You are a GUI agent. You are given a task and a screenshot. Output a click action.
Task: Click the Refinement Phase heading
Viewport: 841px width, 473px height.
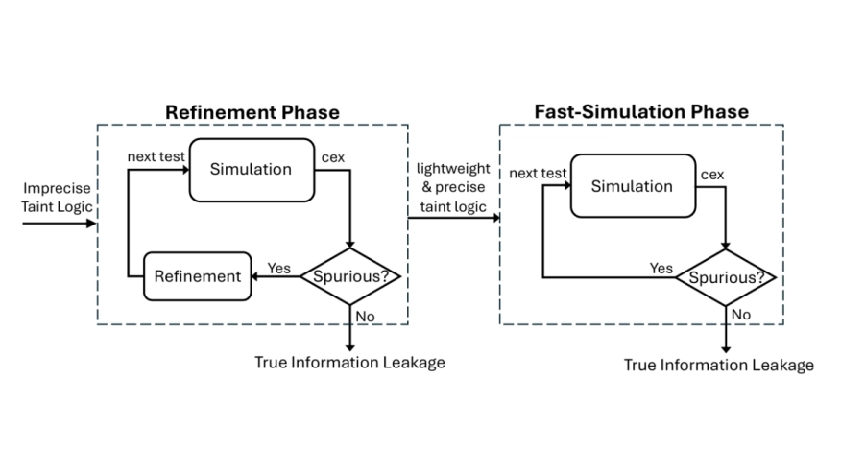(252, 112)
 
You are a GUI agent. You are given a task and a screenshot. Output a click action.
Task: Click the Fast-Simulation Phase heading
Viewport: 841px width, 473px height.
(641, 111)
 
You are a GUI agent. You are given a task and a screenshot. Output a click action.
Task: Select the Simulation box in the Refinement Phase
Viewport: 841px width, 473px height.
(252, 170)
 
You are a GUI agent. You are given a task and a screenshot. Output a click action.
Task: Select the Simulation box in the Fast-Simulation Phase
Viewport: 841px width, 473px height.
(633, 186)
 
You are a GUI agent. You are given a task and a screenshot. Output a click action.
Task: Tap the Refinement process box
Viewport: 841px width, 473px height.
(198, 276)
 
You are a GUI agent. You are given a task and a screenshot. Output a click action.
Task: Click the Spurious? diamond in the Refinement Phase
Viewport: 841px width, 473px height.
(350, 276)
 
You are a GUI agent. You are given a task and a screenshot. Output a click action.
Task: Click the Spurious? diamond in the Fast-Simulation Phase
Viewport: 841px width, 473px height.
(726, 278)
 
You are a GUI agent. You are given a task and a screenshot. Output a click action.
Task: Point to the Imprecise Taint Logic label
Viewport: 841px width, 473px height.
(57, 198)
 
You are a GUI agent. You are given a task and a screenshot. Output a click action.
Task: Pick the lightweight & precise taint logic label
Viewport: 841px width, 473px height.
(453, 187)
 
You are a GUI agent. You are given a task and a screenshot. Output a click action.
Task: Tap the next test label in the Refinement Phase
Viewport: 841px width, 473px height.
(156, 156)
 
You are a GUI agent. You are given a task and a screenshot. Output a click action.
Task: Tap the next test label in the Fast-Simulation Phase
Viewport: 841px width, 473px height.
(538, 174)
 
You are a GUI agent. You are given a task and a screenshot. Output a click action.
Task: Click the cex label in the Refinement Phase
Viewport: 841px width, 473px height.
(333, 157)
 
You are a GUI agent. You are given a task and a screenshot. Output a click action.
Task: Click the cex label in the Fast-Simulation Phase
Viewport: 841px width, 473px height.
(712, 175)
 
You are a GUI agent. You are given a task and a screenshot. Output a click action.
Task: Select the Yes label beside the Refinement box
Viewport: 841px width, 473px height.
(279, 268)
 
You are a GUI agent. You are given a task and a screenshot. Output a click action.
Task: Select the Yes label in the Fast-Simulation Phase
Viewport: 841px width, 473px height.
(661, 268)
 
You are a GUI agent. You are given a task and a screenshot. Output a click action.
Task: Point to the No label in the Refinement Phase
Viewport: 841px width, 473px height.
(365, 317)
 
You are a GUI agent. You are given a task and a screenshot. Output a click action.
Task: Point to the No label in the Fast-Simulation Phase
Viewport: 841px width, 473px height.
(741, 315)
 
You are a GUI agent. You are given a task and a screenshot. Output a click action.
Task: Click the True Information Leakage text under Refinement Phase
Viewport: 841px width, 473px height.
(349, 363)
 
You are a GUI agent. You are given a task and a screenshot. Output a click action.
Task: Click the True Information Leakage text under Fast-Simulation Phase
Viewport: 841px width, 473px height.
(719, 366)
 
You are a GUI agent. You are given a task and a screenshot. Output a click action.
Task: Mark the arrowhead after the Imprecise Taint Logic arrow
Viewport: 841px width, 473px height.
(92, 224)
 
